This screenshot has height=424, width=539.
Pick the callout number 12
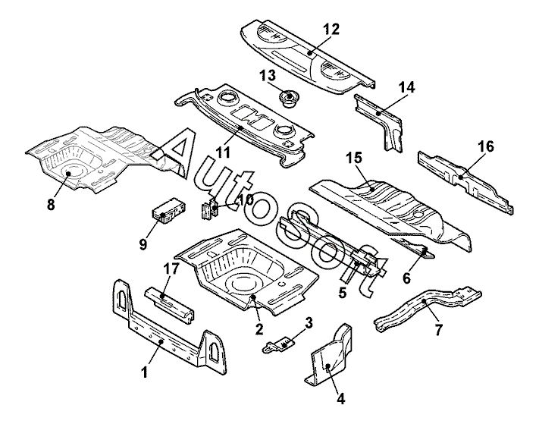click(331, 29)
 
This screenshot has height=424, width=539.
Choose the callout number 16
click(484, 146)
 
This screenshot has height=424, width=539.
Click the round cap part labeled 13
click(289, 99)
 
